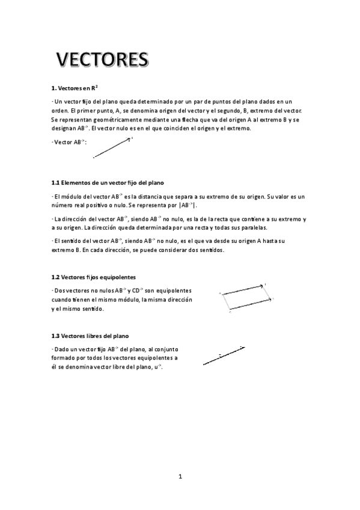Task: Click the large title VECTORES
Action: [102, 60]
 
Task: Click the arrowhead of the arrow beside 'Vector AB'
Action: [128, 140]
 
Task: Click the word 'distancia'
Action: [158, 196]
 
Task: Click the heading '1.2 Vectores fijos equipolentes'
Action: [93, 277]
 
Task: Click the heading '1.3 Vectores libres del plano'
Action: [90, 335]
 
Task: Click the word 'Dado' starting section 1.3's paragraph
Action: [62, 349]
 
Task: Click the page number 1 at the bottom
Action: [180, 477]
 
